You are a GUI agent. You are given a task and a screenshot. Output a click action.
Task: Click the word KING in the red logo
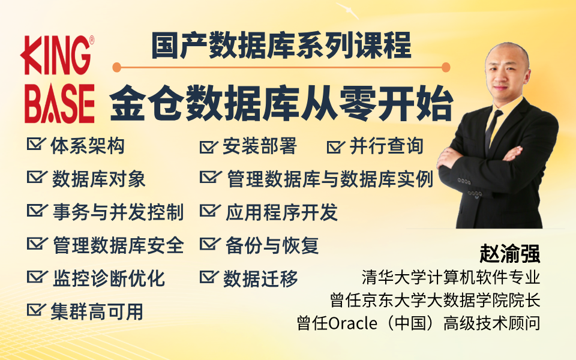pyautogui.click(x=55, y=55)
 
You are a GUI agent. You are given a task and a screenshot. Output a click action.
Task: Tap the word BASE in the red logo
pyautogui.click(x=59, y=104)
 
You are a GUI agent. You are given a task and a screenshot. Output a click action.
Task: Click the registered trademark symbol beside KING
pyautogui.click(x=92, y=40)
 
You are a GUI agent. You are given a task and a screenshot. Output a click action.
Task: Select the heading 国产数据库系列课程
pyautogui.click(x=281, y=46)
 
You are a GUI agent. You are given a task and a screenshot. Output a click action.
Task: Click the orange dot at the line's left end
pyautogui.click(x=117, y=68)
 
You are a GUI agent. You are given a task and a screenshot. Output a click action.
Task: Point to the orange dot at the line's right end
pyautogui.click(x=446, y=68)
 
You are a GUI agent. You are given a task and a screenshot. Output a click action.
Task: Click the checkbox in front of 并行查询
pyautogui.click(x=335, y=146)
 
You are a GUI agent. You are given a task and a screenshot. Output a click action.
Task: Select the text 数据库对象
pyautogui.click(x=99, y=179)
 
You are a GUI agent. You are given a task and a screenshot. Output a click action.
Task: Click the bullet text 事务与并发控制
pyautogui.click(x=118, y=212)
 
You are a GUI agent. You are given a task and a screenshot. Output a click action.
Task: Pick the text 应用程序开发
pyautogui.click(x=282, y=212)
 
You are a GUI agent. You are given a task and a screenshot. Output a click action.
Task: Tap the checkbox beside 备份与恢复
pyautogui.click(x=210, y=243)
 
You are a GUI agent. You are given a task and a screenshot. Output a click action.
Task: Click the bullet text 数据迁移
pyautogui.click(x=261, y=279)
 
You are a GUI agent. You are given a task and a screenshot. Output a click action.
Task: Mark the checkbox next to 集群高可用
pyautogui.click(x=36, y=309)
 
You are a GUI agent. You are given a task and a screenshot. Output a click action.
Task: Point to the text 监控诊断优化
pyautogui.click(x=109, y=278)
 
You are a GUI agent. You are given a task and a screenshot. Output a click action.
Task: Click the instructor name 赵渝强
pyautogui.click(x=510, y=253)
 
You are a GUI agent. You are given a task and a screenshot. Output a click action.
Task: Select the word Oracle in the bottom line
pyautogui.click(x=353, y=323)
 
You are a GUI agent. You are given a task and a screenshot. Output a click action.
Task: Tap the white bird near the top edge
pyautogui.click(x=347, y=10)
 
